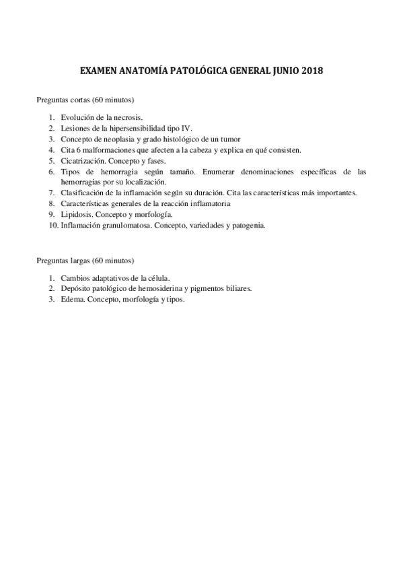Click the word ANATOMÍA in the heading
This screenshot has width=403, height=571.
pyautogui.click(x=139, y=70)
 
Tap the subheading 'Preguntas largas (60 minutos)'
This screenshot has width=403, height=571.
pyautogui.click(x=85, y=260)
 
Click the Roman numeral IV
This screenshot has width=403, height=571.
pyautogui.click(x=187, y=127)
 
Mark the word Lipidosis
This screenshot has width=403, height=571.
pyautogui.click(x=75, y=214)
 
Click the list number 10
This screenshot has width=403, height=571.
pyautogui.click(x=53, y=226)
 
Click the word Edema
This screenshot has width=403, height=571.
pyautogui.click(x=71, y=299)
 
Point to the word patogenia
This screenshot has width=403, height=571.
pyautogui.click(x=250, y=226)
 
